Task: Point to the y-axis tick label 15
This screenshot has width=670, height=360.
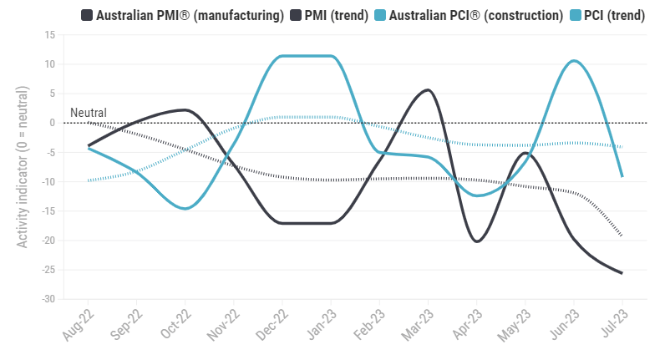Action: click(x=49, y=35)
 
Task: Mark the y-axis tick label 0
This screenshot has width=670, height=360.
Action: click(x=52, y=123)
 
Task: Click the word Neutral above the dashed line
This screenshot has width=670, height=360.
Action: click(x=88, y=113)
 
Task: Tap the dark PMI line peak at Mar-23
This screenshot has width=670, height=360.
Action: click(x=428, y=89)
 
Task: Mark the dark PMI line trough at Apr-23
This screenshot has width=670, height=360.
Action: click(x=476, y=241)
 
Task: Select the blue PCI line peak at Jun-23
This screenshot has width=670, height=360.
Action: click(x=573, y=60)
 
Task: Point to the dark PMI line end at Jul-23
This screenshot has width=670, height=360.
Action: click(x=622, y=273)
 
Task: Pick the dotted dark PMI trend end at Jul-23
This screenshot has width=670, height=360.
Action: click(x=622, y=236)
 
